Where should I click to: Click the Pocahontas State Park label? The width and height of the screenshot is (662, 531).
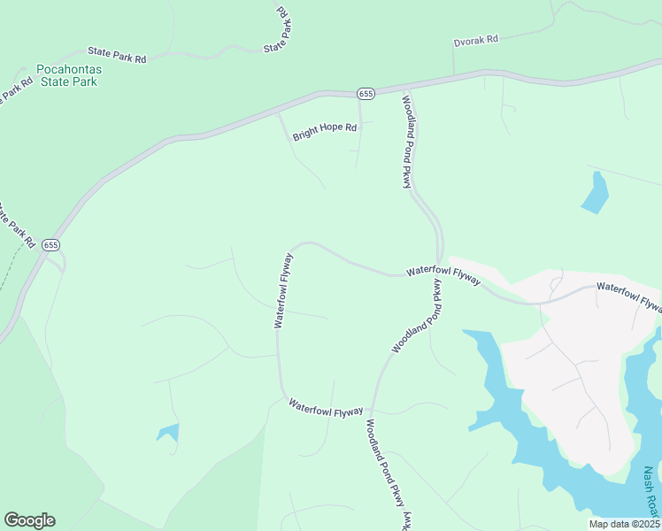(67, 75)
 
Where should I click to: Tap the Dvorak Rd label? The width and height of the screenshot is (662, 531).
(476, 40)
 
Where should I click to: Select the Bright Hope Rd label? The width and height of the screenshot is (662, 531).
(324, 133)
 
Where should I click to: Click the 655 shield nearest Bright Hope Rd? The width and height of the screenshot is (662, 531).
(366, 93)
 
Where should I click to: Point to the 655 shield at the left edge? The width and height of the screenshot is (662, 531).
(50, 245)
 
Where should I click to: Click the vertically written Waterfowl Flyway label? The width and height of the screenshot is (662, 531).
(283, 289)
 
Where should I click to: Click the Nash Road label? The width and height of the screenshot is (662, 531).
(650, 492)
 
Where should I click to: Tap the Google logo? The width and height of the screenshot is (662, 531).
(29, 520)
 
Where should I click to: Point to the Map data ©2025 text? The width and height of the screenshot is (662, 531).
(624, 524)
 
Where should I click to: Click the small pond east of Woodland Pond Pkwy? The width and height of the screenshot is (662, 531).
(596, 192)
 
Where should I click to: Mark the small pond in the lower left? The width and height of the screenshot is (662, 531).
(168, 433)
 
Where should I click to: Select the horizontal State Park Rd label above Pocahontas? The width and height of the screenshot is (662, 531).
(116, 55)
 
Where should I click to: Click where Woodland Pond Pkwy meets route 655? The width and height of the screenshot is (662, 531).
(407, 87)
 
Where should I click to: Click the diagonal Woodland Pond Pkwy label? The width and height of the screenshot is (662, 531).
(416, 316)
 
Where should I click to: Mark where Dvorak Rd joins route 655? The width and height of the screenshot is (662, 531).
(453, 75)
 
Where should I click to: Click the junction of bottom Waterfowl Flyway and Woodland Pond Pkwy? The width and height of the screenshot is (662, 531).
(371, 414)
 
